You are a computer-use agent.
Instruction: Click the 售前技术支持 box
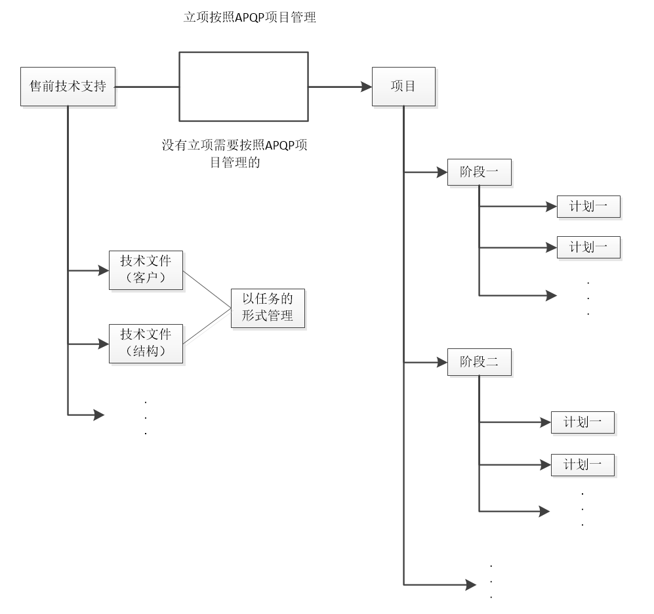[x=68, y=86]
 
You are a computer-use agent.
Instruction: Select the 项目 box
[x=403, y=86]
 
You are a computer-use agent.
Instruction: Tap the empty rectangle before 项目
[x=243, y=87]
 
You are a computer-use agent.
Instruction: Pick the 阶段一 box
[x=479, y=173]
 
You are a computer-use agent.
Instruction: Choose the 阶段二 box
[x=479, y=362]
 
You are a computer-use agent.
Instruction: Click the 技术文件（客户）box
[x=146, y=270]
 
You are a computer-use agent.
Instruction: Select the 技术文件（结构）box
[x=146, y=343]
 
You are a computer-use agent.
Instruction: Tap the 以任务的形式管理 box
[x=268, y=307]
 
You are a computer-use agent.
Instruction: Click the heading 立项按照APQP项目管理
[x=250, y=18]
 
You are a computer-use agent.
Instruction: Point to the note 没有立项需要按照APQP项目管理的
[x=234, y=153]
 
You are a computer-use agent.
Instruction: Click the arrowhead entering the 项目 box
[x=364, y=86]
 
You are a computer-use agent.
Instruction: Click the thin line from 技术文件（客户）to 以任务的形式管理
[x=207, y=288]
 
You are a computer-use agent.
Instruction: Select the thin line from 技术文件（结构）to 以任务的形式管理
[x=207, y=326]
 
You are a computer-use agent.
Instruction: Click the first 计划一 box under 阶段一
[x=588, y=207]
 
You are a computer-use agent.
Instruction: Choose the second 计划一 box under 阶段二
[x=582, y=464]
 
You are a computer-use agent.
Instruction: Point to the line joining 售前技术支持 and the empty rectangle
[x=148, y=86]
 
